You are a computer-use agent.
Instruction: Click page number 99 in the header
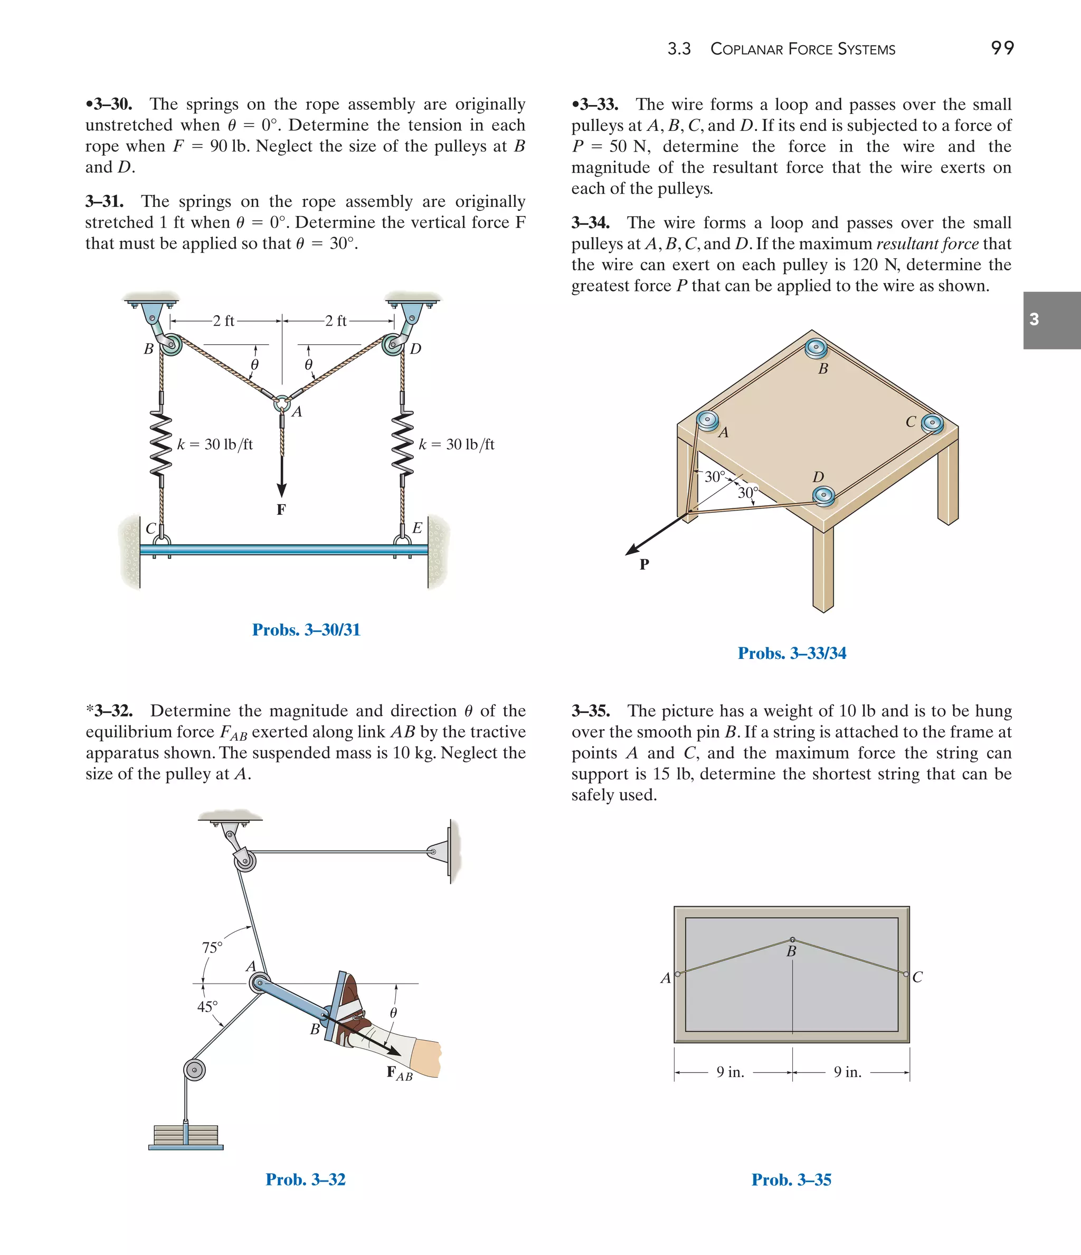click(x=1002, y=48)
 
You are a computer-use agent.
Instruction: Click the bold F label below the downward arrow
click(x=281, y=509)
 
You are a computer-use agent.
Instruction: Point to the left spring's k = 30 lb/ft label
click(x=215, y=445)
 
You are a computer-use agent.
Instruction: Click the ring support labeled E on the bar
click(x=402, y=541)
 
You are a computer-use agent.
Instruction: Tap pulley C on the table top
click(x=932, y=423)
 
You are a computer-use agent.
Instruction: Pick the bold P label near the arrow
click(x=644, y=564)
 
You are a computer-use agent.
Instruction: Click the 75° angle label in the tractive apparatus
click(x=212, y=947)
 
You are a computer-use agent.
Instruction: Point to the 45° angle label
click(x=207, y=1007)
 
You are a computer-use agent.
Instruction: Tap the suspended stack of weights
click(x=186, y=1135)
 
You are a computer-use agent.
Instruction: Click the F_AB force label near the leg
click(x=399, y=1073)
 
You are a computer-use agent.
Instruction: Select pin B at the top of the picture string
click(x=792, y=940)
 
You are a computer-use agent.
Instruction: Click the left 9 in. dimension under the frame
click(x=731, y=1072)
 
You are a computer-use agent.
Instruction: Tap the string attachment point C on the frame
click(x=906, y=975)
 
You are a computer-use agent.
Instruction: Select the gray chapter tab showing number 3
click(x=1051, y=320)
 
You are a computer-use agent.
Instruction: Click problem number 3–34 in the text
click(x=591, y=223)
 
